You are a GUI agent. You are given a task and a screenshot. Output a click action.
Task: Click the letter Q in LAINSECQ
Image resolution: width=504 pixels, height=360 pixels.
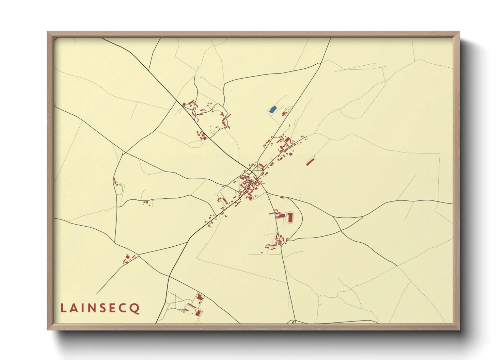point(135,308)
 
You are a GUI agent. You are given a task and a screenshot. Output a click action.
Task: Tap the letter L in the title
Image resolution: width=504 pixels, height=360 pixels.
point(63,308)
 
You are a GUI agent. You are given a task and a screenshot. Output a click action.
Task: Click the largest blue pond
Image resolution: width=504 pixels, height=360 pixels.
point(272,110)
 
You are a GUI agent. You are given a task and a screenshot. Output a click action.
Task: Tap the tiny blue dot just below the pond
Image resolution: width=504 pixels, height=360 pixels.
point(289,126)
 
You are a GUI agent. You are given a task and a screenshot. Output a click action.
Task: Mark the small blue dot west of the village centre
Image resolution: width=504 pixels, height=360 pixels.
point(223,186)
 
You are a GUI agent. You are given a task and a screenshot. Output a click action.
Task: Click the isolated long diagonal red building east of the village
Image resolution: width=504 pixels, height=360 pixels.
point(310,162)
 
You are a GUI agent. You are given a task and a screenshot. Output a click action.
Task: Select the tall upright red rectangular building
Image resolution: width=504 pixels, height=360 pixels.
point(290,217)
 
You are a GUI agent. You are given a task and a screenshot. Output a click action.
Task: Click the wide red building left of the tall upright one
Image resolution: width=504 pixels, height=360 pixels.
point(281,215)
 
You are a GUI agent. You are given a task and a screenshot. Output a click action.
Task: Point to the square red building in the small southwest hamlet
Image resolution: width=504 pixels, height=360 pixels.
point(128,257)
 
